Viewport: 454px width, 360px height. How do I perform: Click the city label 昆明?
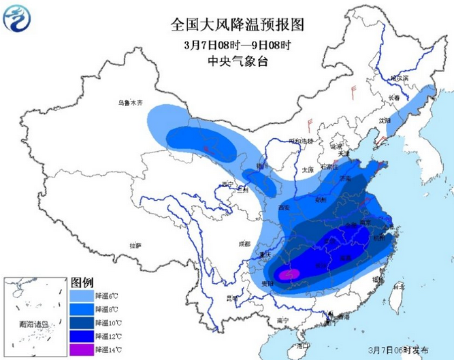(x=233, y=298)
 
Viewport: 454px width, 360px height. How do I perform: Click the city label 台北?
(x=399, y=287)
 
